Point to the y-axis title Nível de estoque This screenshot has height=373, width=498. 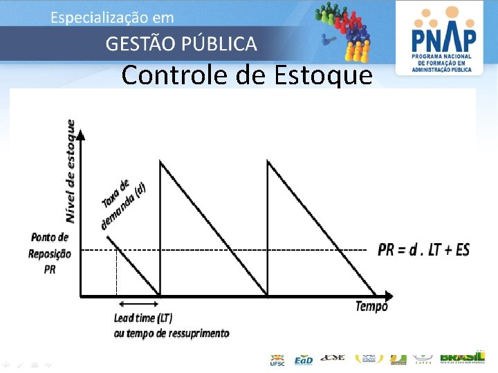[x=71, y=171]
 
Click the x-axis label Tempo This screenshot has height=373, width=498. [x=371, y=306]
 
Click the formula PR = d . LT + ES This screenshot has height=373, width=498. [x=423, y=249]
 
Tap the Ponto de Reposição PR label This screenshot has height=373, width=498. [x=49, y=254]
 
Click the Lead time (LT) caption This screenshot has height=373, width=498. [x=143, y=318]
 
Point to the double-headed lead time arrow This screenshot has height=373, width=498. [x=138, y=304]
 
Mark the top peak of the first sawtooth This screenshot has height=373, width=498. [x=160, y=162]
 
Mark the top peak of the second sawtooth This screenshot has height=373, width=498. [x=268, y=162]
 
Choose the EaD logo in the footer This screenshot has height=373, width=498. [x=304, y=359]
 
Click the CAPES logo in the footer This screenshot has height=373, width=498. [x=424, y=358]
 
